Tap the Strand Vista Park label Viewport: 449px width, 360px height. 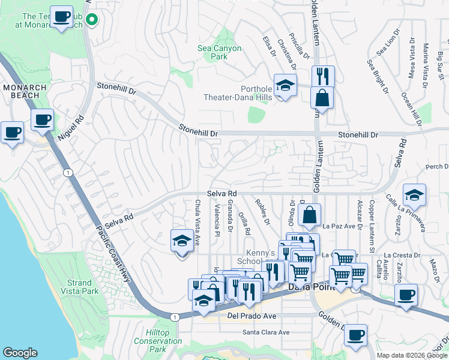80,287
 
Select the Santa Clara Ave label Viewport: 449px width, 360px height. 266,332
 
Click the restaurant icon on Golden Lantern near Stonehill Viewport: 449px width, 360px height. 323,76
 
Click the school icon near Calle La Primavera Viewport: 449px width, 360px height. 414,194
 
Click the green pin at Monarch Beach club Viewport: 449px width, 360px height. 92,20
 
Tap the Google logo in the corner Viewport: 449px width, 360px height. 20,353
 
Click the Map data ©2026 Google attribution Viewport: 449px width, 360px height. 412,355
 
